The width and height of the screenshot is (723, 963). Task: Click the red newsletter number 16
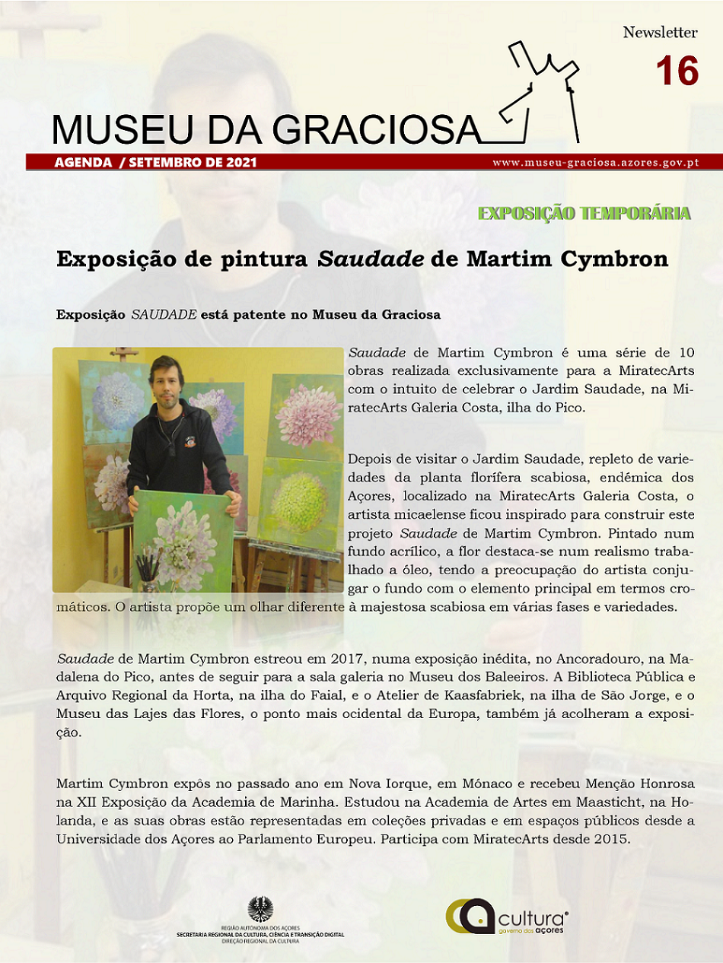click(677, 71)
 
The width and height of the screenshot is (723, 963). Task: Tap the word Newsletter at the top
click(660, 33)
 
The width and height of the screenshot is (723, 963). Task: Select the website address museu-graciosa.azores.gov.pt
click(596, 162)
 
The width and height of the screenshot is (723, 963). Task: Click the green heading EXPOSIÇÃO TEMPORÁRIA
click(584, 213)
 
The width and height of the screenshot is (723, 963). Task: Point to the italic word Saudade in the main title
click(370, 259)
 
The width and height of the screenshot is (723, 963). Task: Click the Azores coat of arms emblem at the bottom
click(260, 909)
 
